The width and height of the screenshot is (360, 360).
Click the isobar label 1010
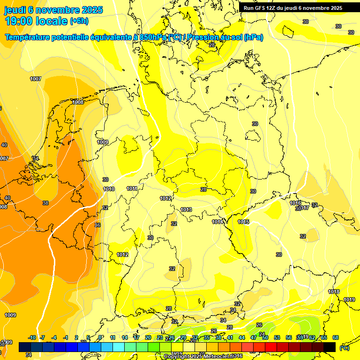point(109,189)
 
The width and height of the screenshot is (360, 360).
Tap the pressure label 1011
point(132,188)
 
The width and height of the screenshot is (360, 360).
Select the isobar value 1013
point(186,210)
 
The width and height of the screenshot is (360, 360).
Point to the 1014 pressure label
point(217,222)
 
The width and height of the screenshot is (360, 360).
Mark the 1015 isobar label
point(243,222)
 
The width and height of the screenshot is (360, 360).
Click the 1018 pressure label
point(334,292)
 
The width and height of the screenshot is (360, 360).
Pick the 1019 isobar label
point(349,300)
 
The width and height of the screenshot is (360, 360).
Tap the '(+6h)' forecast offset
point(79,21)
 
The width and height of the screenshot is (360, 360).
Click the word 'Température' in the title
point(29,37)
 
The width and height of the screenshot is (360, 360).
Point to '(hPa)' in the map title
point(253,37)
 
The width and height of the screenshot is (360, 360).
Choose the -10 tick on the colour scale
point(32,337)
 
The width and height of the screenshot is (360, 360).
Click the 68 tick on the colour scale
point(336,337)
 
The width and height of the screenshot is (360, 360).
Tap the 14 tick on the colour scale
point(125,337)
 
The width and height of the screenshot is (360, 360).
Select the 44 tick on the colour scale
point(242,337)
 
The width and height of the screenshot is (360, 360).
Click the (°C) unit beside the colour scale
point(345,347)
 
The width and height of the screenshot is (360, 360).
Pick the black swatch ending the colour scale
point(330,347)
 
